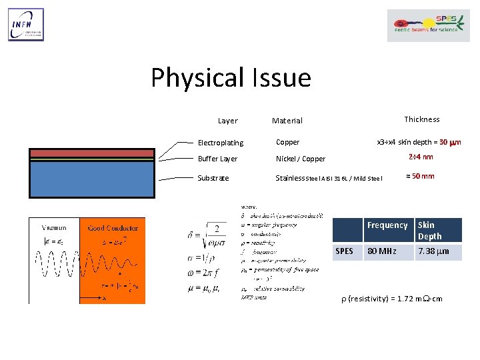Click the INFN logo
coord(26,25)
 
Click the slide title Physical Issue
coord(231,78)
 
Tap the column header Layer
coord(227,121)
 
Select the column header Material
coord(287,121)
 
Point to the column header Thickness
coord(421,119)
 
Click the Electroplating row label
coord(221,143)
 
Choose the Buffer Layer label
coord(217,159)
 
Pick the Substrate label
coord(213,178)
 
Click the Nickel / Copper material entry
coord(301,159)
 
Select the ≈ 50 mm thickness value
coord(420,176)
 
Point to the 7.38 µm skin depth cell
coord(433,251)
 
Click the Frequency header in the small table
coord(387,225)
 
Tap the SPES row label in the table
coord(344,251)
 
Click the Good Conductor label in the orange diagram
coord(112,228)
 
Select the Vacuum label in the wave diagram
coord(54,228)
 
